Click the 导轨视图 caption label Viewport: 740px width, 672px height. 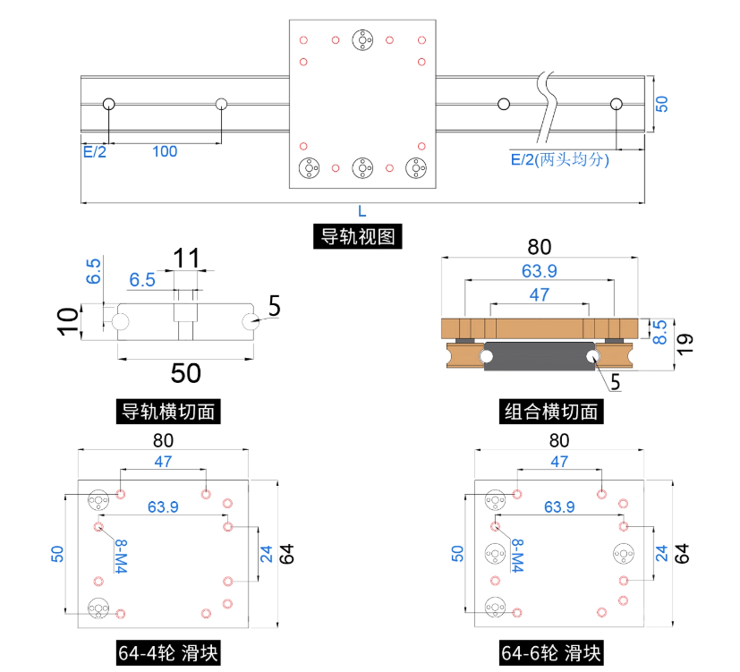(361, 237)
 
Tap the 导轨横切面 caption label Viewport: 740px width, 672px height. (170, 412)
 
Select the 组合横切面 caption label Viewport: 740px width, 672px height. (550, 412)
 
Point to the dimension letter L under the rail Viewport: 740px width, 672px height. (361, 212)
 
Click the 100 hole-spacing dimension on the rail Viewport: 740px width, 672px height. (165, 151)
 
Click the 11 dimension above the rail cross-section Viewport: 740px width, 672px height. (186, 259)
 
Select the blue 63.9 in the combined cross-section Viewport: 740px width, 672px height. (539, 270)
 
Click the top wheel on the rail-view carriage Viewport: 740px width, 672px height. (362, 39)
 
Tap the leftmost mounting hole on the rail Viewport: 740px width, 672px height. (109, 104)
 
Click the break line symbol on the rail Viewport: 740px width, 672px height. (545, 107)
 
